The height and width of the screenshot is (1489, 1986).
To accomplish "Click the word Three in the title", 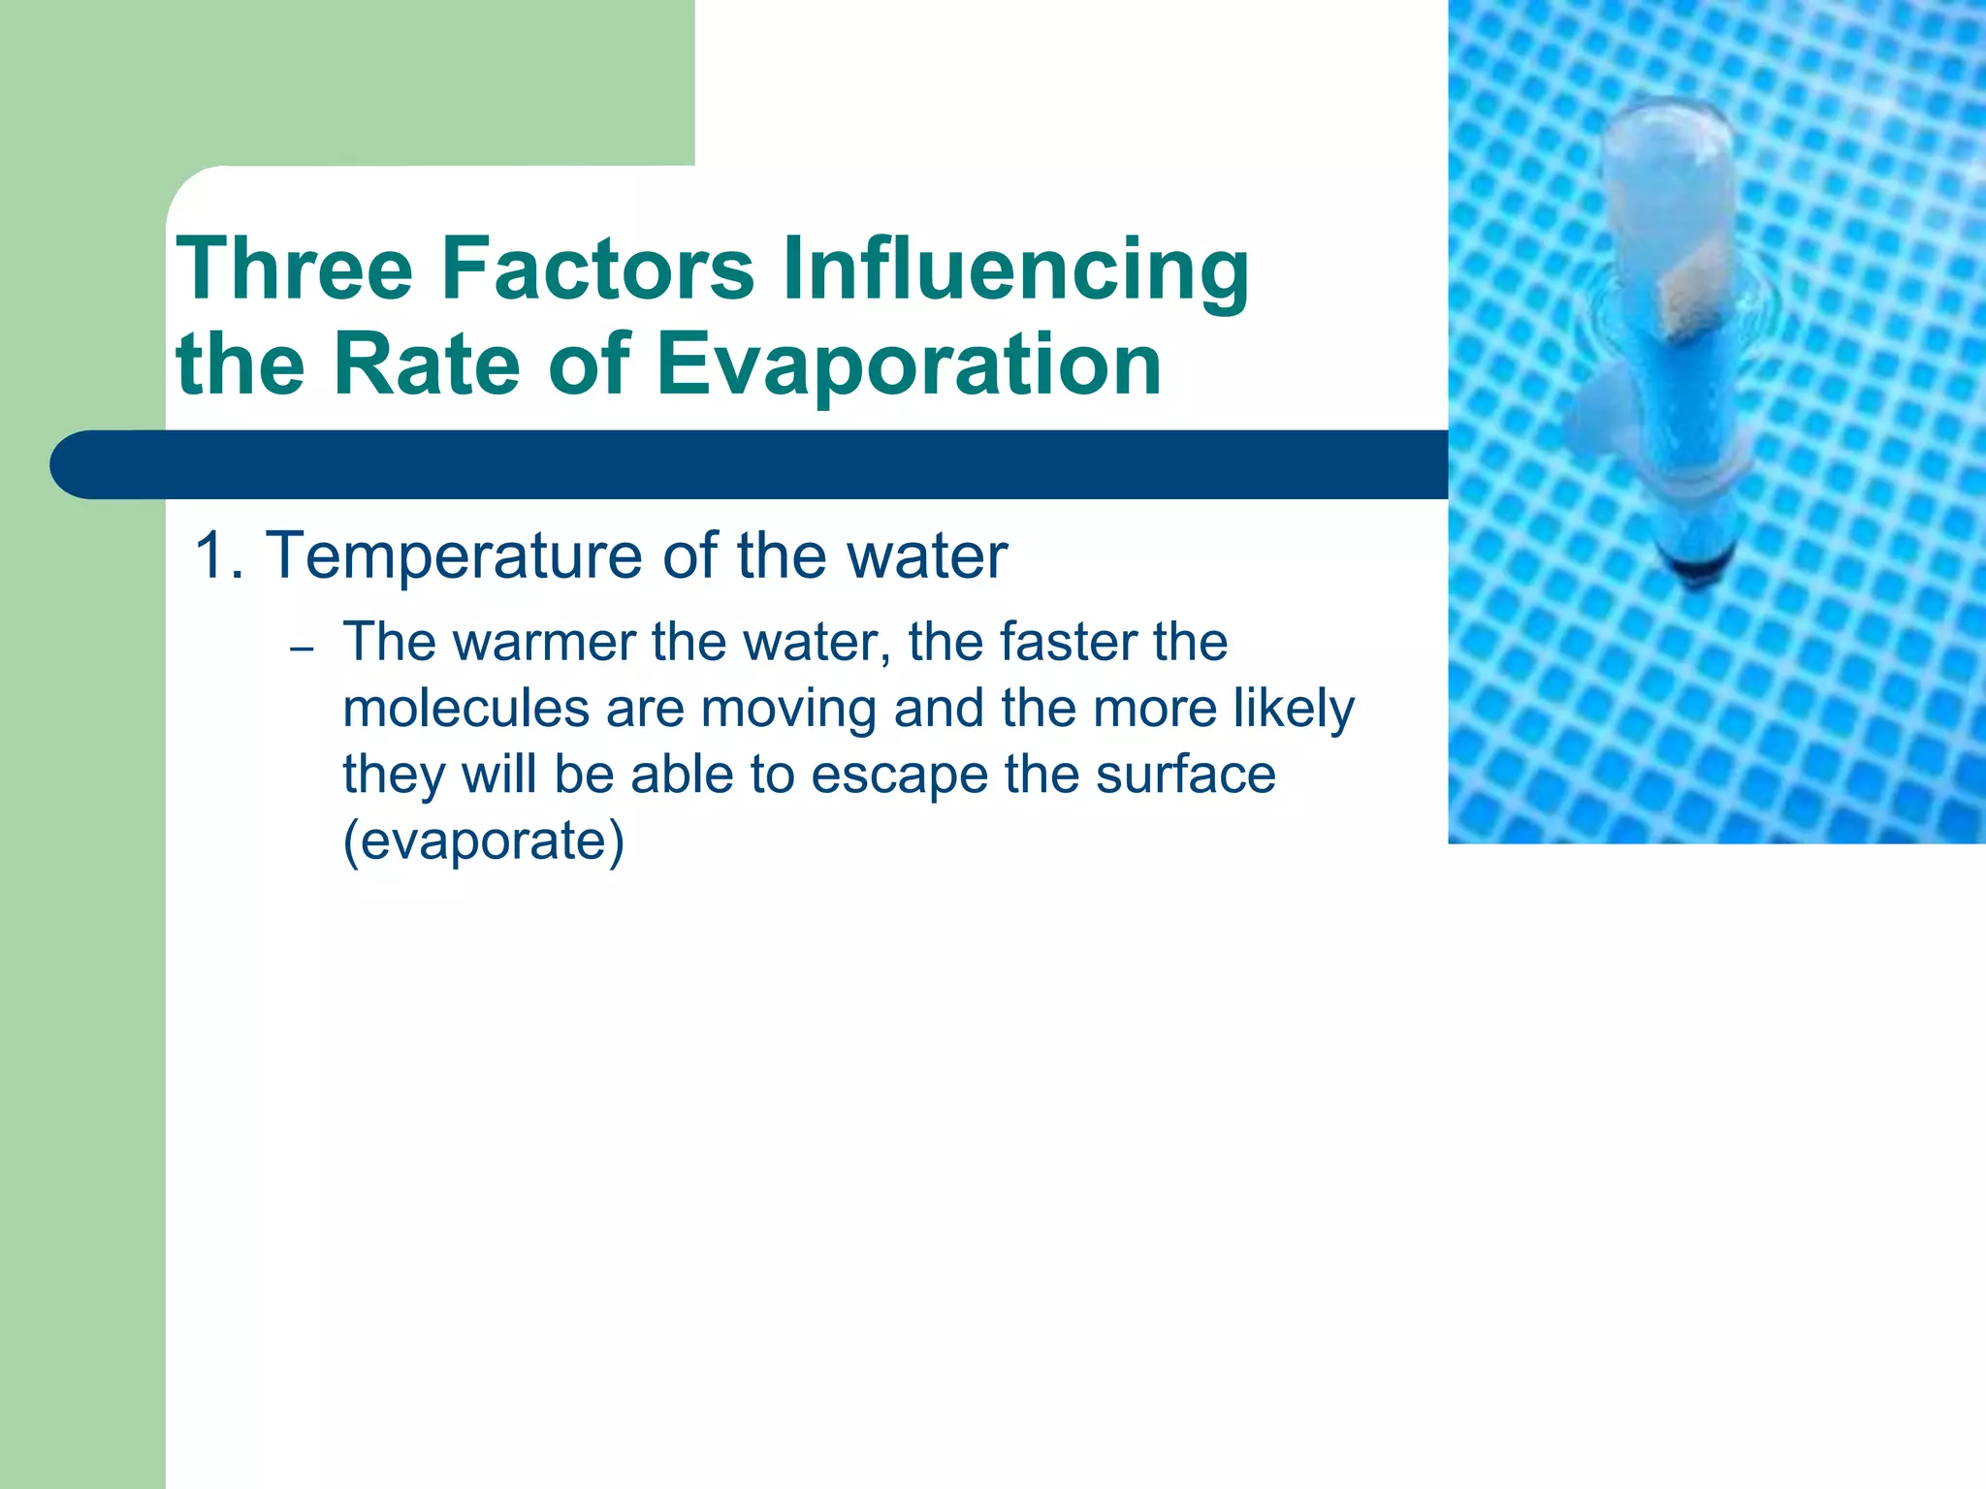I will coord(294,269).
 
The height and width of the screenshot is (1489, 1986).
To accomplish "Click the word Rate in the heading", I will coord(429,364).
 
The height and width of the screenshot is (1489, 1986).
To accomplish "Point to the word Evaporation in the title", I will coord(909,366).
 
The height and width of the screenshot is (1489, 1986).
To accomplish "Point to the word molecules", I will coord(466,708).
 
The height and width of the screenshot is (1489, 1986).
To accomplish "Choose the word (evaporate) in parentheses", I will coord(483,840).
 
